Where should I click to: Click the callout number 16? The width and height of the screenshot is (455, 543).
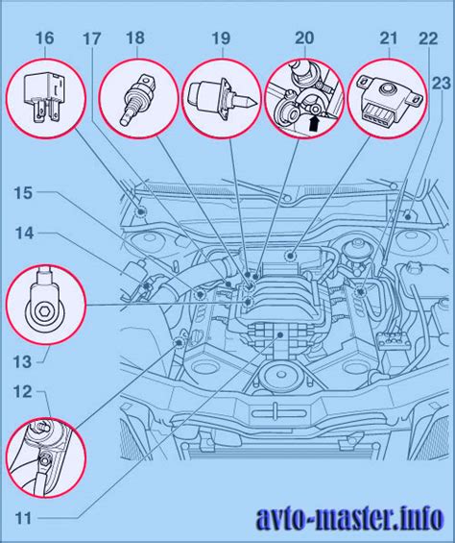45,38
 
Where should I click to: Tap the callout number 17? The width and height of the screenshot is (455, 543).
92,38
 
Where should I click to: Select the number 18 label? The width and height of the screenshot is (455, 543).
135,38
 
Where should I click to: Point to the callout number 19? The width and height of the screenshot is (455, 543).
221,38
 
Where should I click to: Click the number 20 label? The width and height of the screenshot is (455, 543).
304,38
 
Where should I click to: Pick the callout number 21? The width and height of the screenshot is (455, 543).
389,38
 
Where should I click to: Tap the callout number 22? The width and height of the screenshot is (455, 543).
428,38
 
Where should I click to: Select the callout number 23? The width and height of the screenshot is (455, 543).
442,84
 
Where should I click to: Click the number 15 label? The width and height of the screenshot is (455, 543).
24,193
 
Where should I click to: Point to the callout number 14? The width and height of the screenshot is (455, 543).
24,234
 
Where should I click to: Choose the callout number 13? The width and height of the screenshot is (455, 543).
22,362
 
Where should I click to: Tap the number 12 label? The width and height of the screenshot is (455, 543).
23,392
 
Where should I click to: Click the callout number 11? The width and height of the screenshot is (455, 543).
23,519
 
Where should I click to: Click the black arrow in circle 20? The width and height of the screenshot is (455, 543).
314,124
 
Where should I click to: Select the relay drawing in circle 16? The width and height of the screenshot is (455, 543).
43,98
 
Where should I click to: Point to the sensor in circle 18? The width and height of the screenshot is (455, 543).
137,99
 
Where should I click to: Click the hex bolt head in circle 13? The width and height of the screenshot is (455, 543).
44,311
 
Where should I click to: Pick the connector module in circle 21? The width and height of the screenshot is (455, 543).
388,100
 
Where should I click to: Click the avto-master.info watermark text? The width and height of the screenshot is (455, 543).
349,519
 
